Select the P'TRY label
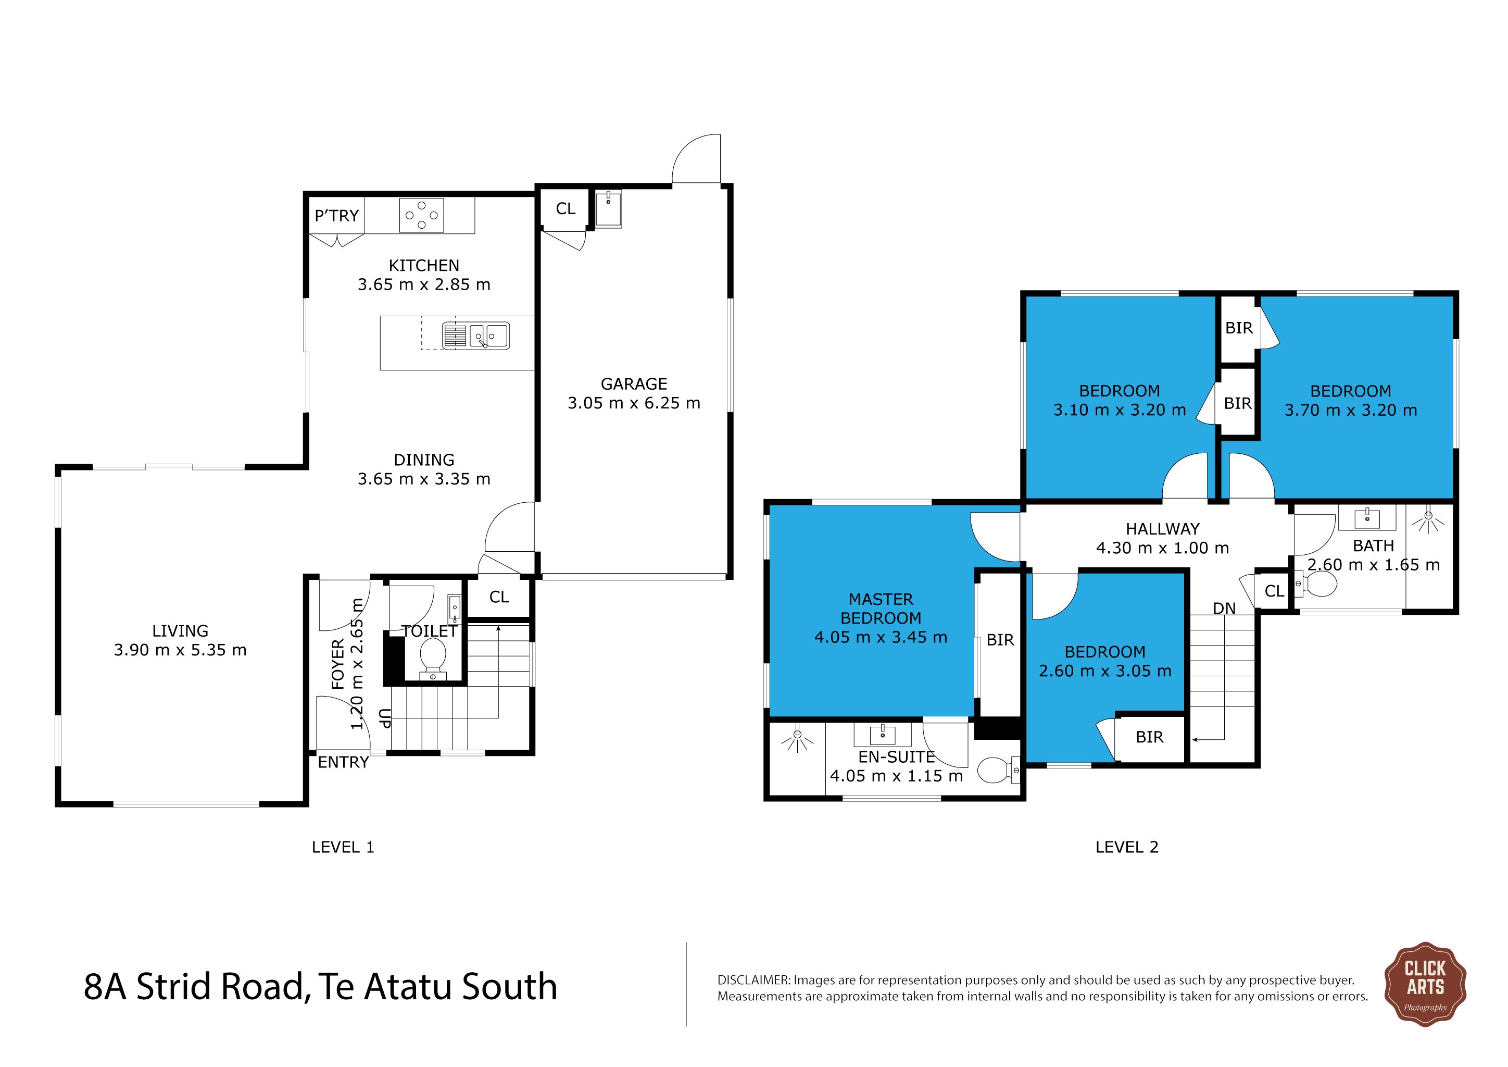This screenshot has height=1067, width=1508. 336,216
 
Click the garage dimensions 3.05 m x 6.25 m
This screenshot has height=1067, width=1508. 634,403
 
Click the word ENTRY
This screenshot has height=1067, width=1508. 343,762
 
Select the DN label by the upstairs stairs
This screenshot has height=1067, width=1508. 1224,609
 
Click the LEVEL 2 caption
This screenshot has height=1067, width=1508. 1126,847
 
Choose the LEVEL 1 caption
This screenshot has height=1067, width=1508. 343,847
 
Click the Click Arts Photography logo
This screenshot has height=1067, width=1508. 1425,984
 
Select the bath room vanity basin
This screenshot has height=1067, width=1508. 1367,518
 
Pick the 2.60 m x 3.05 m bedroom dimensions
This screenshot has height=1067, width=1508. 1105,671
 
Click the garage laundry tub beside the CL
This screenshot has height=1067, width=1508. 608,209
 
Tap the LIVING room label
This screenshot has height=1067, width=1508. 180,631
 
